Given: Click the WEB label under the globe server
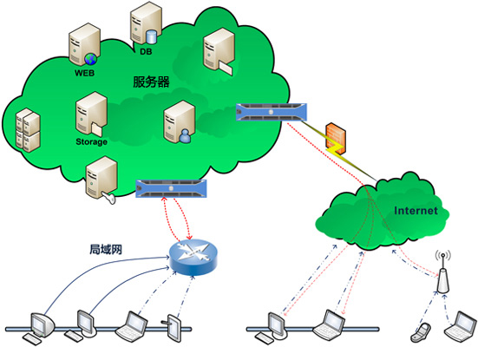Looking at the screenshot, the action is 84,73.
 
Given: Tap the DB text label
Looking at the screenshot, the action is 146,51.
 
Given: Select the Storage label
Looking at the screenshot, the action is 91,141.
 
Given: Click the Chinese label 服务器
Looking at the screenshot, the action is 151,82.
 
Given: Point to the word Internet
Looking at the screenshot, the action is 416,211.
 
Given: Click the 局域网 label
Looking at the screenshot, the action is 106,249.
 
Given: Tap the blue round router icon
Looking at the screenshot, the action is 193,257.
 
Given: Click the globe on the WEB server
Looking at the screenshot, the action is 90,59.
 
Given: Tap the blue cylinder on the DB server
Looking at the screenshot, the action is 151,36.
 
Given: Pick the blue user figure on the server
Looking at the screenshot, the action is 185,135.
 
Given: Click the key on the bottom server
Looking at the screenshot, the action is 109,197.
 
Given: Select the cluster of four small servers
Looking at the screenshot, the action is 28,130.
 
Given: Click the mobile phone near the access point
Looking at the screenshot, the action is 421,332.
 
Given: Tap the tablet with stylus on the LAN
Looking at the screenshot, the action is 174,327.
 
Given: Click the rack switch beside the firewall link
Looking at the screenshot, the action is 272,112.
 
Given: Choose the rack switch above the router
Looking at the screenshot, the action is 171,189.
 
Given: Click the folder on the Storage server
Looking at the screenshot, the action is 96,129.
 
